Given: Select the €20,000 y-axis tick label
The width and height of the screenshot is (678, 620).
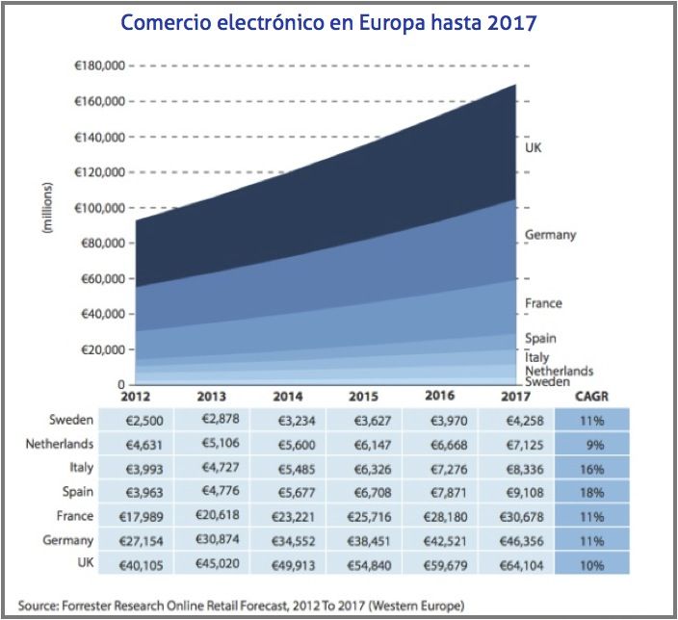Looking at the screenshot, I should coord(101,349).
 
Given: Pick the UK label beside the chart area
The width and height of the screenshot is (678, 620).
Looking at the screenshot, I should coord(533,148).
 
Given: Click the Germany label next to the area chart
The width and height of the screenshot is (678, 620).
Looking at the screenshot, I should coord(550,234).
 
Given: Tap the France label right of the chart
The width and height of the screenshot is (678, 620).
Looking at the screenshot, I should coord(543,303).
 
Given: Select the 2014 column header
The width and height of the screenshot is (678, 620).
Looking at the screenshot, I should coord(287,396).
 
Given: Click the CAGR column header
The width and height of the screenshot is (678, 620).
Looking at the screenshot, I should coord(590,396).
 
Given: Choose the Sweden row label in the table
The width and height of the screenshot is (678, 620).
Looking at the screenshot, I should coord(71,420).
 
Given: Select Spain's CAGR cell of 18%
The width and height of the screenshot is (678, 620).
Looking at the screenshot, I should coord(591,493).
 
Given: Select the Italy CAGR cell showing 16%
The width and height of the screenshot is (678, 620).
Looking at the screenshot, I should coord(591,469).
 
